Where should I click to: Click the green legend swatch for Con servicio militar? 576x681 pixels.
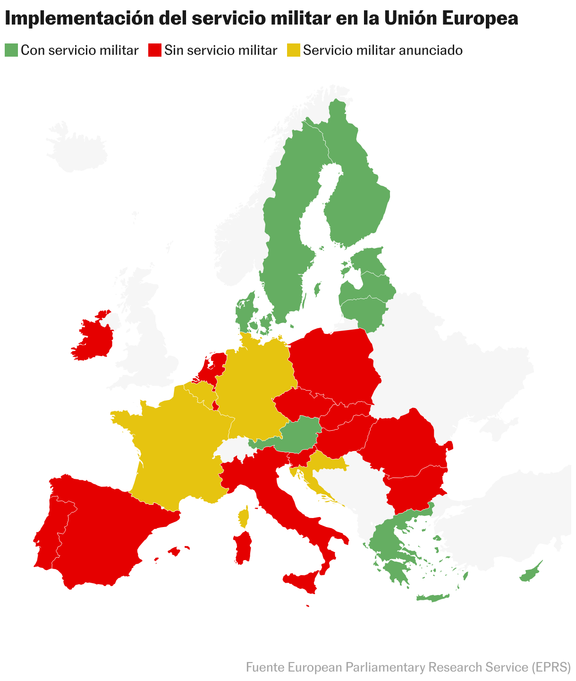click(11, 50)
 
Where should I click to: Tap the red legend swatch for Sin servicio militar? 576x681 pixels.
click(155, 50)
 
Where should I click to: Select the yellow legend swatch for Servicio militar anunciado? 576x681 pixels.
click(294, 50)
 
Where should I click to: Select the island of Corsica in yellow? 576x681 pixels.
click(244, 517)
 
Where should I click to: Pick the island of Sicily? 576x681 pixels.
click(302, 581)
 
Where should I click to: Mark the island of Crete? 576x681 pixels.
click(432, 598)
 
